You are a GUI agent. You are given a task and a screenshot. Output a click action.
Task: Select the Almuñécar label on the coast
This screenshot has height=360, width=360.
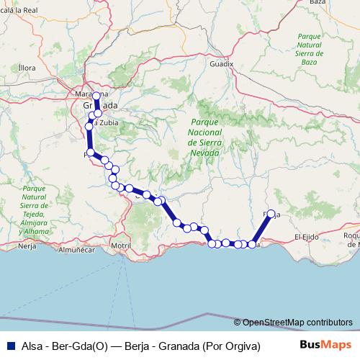77,251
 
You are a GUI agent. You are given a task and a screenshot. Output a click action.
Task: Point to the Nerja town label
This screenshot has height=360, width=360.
27,246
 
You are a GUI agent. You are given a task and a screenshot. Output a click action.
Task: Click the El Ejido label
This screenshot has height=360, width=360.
307,236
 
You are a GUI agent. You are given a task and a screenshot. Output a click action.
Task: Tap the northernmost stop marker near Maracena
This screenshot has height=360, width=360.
96,96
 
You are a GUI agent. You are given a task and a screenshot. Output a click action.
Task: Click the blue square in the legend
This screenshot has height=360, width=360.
7,346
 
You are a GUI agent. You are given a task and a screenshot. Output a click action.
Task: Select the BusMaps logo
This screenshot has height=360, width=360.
325,346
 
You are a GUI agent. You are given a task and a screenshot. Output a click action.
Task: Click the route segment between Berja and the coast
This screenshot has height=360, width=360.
262,229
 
